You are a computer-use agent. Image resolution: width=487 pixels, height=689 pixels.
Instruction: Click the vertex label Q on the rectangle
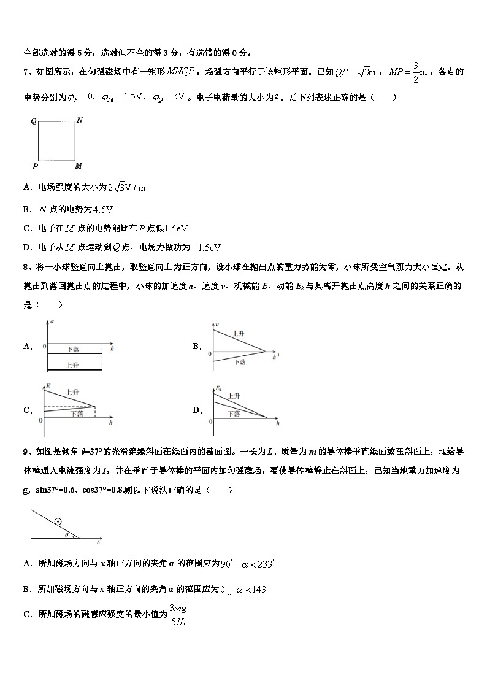click(x=34, y=121)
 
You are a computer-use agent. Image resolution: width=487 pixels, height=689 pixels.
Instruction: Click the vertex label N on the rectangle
click(x=80, y=120)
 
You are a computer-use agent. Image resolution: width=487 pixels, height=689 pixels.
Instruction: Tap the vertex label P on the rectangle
click(x=35, y=166)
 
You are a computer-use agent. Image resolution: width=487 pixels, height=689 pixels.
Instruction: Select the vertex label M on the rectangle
click(x=79, y=166)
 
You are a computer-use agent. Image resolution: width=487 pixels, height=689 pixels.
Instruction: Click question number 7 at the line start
click(x=27, y=72)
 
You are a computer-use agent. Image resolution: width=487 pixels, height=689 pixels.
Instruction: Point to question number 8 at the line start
click(x=27, y=267)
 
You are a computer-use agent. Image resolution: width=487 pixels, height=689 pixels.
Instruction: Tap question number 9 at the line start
click(x=27, y=452)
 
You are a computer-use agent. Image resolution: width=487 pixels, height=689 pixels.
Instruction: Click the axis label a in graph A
click(x=52, y=321)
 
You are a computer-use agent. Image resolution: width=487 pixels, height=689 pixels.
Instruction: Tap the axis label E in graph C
click(x=47, y=387)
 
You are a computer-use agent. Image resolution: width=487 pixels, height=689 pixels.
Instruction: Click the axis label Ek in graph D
click(x=219, y=388)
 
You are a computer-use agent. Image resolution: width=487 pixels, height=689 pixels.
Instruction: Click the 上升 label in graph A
click(x=72, y=364)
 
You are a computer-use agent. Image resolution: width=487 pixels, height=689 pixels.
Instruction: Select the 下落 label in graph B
click(x=240, y=363)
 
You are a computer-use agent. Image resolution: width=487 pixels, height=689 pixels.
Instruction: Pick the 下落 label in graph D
click(x=234, y=414)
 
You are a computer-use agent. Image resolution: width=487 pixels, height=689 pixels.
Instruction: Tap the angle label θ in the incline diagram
click(x=67, y=535)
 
